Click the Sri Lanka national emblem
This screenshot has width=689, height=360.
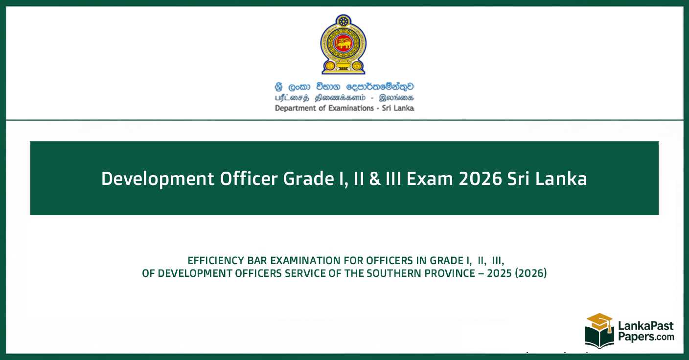343,45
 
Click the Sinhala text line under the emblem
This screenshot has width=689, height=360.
344,87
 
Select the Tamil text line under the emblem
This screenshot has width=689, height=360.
344,98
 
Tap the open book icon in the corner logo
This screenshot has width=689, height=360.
599,338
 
